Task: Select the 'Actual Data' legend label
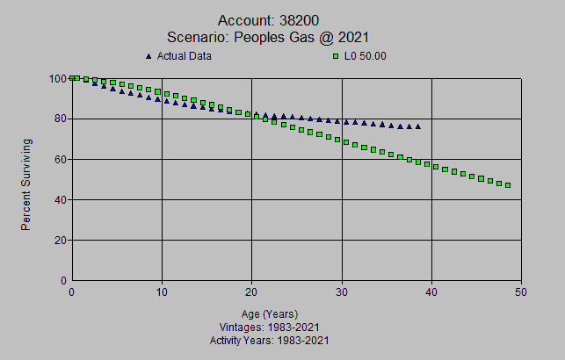185,56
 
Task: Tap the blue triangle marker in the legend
148,56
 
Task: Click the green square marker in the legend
335,56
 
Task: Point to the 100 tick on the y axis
59,78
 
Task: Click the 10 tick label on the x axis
162,292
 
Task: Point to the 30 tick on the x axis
342,292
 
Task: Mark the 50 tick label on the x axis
522,292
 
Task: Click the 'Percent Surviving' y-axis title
26,184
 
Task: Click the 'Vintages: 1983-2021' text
270,327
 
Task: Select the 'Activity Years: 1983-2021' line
270,339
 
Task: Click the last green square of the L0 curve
508,185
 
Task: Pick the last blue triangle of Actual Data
417,126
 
